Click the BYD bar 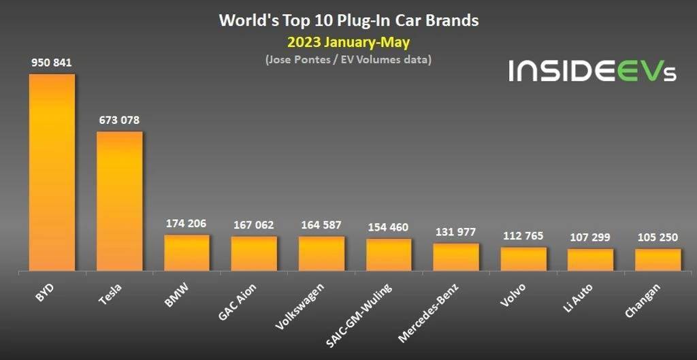(x=52, y=172)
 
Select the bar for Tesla (x=119, y=201)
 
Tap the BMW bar (x=187, y=253)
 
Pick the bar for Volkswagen (x=321, y=254)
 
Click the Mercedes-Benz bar (x=456, y=257)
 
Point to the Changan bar (x=658, y=260)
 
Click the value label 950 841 (x=52, y=63)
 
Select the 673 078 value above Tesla (x=119, y=120)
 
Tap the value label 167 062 (x=254, y=225)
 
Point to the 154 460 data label (x=389, y=227)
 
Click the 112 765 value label (x=523, y=236)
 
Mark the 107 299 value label (x=591, y=238)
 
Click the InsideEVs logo (x=592, y=70)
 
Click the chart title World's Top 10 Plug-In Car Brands (x=348, y=20)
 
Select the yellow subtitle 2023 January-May (x=348, y=43)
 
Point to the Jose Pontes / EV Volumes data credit (x=348, y=60)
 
